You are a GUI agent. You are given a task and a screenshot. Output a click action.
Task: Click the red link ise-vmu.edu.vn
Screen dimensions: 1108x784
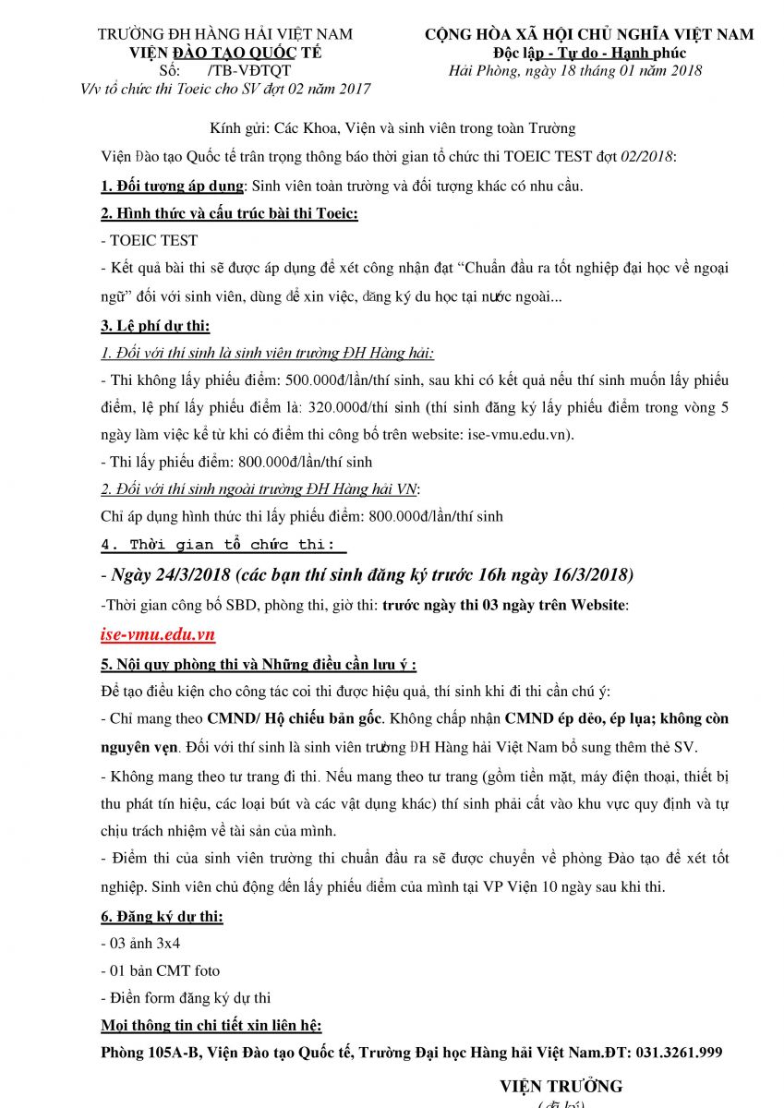tap(158, 634)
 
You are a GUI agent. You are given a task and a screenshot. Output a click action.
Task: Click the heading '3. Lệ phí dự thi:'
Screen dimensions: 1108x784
tap(155, 325)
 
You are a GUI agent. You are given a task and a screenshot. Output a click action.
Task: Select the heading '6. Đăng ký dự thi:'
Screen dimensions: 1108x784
tap(162, 917)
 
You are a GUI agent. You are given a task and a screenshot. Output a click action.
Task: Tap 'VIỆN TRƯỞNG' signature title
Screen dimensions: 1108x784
tap(561, 1086)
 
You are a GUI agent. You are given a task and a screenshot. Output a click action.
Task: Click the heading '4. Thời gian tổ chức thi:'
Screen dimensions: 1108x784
tap(218, 544)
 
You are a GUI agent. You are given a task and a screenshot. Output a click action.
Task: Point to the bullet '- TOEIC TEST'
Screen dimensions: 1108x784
tap(149, 240)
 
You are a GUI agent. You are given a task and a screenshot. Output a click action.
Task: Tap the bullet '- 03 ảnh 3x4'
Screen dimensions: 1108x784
tap(141, 944)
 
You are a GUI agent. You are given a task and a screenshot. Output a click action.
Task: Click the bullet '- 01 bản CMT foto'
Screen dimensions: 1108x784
tap(160, 970)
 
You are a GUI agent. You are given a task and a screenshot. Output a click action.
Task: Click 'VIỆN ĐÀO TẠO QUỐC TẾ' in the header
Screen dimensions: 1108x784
tap(224, 53)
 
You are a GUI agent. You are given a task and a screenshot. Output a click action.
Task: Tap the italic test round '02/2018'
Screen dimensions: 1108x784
tap(648, 157)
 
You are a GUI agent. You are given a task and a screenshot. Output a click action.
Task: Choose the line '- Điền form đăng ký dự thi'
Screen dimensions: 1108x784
tap(186, 997)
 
